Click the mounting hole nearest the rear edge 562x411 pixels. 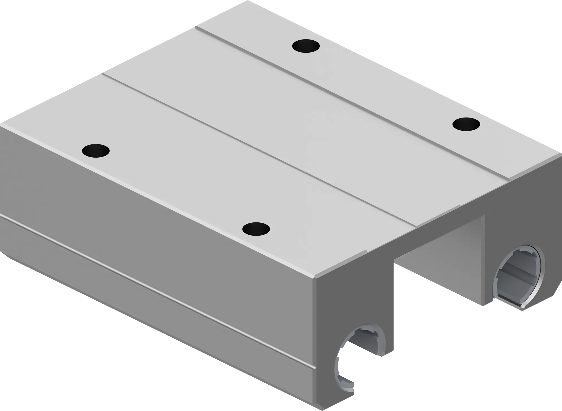coord(306,46)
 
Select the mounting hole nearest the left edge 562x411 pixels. coord(96,150)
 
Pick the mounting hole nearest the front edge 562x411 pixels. coord(256,228)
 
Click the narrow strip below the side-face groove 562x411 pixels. coord(165,291)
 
